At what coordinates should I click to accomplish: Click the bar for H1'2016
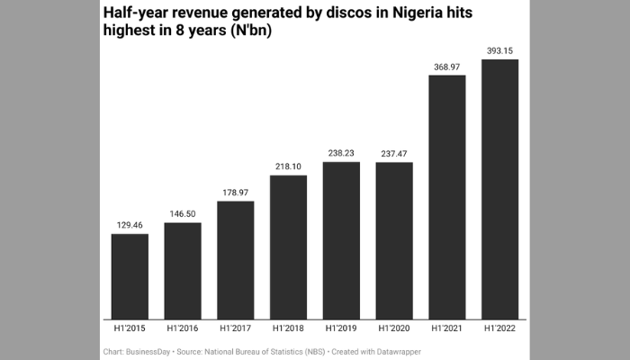(x=183, y=270)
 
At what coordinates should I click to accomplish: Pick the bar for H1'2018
(x=288, y=247)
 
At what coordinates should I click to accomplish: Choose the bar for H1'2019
(x=341, y=240)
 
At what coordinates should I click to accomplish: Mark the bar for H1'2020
(x=394, y=240)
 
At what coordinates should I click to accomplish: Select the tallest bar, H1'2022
(x=500, y=189)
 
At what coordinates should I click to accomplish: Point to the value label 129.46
(x=130, y=225)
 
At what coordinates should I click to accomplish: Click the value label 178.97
(x=236, y=192)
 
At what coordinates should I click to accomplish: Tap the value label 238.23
(x=341, y=153)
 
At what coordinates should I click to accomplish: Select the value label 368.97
(x=447, y=66)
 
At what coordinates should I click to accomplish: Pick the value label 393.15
(x=500, y=50)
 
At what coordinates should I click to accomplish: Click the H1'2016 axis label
(x=183, y=331)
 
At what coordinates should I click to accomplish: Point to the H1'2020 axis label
(x=394, y=331)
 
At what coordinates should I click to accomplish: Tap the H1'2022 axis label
(x=500, y=331)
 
